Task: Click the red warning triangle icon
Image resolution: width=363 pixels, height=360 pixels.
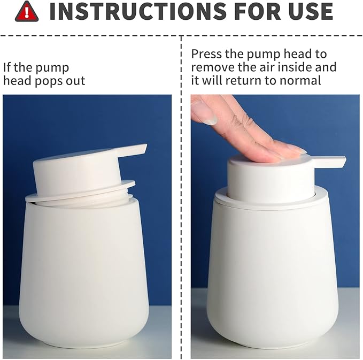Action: tap(27, 12)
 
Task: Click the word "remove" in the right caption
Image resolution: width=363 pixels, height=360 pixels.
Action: tap(212, 67)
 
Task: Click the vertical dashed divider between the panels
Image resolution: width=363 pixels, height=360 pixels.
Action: tap(182, 214)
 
